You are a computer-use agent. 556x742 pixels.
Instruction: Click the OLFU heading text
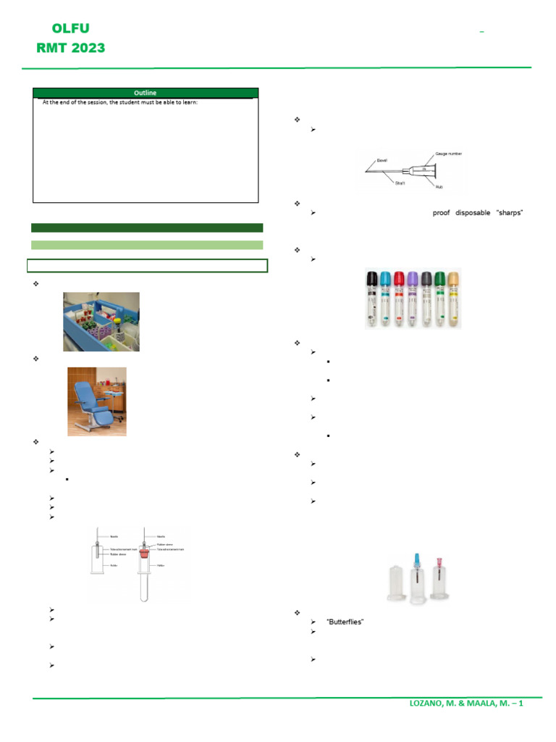(x=70, y=29)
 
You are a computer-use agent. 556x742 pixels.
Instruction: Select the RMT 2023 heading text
(x=70, y=49)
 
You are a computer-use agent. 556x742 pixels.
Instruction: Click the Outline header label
(x=146, y=93)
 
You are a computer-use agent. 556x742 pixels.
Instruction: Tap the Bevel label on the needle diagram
(x=382, y=158)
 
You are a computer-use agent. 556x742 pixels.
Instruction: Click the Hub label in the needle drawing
(x=440, y=186)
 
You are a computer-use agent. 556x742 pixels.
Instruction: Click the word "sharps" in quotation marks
(x=508, y=213)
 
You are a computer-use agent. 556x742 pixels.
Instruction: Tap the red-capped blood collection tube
(x=399, y=299)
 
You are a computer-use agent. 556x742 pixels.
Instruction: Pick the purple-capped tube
(x=413, y=299)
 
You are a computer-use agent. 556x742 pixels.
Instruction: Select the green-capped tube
(x=440, y=299)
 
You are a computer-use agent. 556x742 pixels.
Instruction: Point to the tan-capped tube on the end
(x=454, y=299)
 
